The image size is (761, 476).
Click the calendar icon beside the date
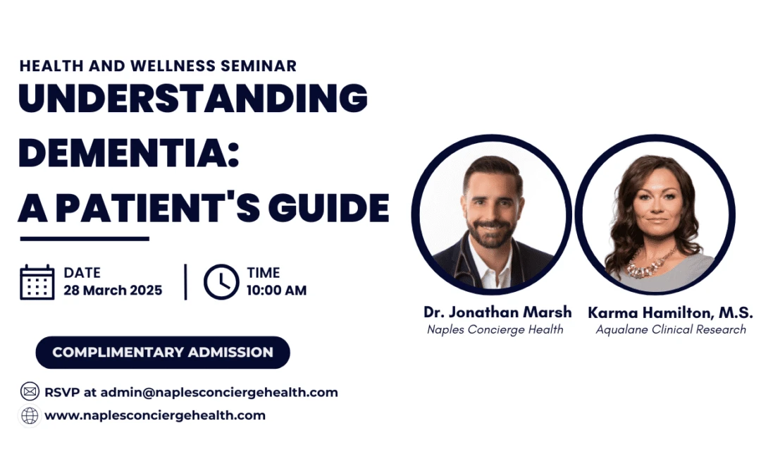click(x=37, y=282)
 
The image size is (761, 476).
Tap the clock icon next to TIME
click(x=221, y=281)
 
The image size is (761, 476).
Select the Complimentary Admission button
click(x=163, y=352)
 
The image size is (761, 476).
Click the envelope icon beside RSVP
click(x=30, y=391)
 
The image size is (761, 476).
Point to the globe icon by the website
click(x=30, y=416)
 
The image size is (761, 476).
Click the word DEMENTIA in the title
click(x=129, y=152)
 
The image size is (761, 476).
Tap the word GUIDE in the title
click(x=328, y=208)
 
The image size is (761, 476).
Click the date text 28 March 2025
click(x=113, y=291)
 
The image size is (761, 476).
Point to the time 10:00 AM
click(x=277, y=291)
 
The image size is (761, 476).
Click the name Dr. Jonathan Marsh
click(x=497, y=312)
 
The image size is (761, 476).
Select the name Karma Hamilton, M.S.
click(x=670, y=312)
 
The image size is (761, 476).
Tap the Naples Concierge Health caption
click(x=495, y=329)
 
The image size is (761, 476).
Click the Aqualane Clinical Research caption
click(x=671, y=329)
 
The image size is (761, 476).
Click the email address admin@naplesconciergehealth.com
click(x=219, y=393)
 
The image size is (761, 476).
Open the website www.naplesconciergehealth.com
click(x=155, y=416)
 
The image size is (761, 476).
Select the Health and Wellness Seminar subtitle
click(x=159, y=66)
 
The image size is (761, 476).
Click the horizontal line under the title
click(x=85, y=238)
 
